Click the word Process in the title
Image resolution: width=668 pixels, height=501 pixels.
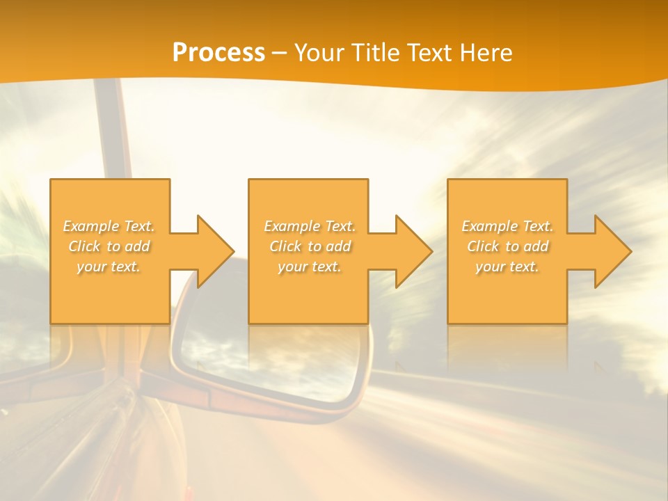coord(218,53)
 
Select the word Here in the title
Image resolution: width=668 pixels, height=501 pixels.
coord(486,53)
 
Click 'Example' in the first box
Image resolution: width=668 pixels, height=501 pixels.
coord(90,226)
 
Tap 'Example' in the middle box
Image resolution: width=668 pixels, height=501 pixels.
coord(292,226)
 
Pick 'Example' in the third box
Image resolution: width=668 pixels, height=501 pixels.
coord(489,226)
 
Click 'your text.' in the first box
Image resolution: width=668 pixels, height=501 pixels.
coord(109,267)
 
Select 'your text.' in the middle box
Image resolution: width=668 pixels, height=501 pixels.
coord(310,267)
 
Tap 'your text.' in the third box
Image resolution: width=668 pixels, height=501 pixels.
coord(507,267)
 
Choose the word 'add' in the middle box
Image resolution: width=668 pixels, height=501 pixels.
coord(338,246)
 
